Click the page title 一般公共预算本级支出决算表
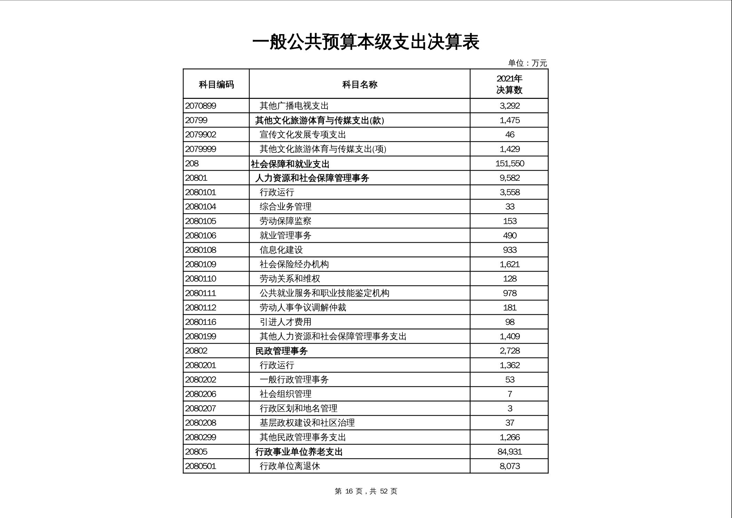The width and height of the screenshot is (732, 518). point(366,42)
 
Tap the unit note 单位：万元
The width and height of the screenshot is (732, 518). point(527,63)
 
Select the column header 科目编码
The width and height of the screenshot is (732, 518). point(216,84)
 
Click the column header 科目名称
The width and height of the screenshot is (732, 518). point(359,84)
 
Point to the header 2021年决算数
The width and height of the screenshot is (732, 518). point(509,84)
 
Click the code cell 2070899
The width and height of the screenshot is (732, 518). point(200,106)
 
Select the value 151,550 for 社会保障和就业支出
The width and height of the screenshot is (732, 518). point(509,164)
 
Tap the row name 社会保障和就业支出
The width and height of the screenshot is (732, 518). point(290,164)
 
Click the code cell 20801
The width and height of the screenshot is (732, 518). point(196,178)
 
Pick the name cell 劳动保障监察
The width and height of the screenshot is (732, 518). point(285,221)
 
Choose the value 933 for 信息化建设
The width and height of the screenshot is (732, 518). point(509,250)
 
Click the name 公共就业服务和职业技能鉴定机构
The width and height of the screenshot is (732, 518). point(324,293)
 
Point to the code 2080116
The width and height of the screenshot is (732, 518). point(200,322)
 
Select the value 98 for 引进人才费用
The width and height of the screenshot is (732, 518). point(509,322)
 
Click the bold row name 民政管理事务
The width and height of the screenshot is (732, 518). point(281,351)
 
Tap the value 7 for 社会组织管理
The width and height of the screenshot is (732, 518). point(509,394)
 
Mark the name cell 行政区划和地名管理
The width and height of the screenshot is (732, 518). point(299,408)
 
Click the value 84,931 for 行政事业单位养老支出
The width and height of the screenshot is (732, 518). point(509,452)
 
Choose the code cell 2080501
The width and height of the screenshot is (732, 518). point(200,466)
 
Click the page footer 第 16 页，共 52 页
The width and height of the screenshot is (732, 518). point(366,491)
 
